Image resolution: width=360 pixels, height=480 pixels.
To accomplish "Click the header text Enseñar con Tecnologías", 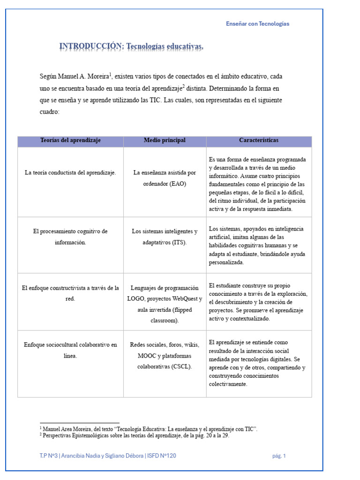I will click(x=257, y=24).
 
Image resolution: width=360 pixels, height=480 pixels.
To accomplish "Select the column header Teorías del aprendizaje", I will click(x=70, y=141).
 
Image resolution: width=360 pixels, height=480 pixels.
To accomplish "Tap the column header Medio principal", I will click(x=165, y=141).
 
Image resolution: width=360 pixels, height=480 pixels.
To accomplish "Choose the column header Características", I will click(x=258, y=141).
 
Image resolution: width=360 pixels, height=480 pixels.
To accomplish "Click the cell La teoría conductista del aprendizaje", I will click(x=70, y=172).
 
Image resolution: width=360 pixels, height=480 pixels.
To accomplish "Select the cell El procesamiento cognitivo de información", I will click(x=70, y=237).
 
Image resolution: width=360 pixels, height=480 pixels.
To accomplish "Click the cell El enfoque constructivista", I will click(x=70, y=293).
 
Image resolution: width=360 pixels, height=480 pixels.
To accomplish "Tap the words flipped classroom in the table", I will click(x=165, y=315).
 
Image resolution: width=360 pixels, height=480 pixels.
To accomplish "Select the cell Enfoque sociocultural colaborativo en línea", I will click(x=70, y=350).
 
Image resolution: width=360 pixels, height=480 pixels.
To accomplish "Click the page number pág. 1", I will click(x=279, y=456).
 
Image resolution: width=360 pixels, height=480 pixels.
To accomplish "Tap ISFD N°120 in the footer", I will click(x=162, y=456).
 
